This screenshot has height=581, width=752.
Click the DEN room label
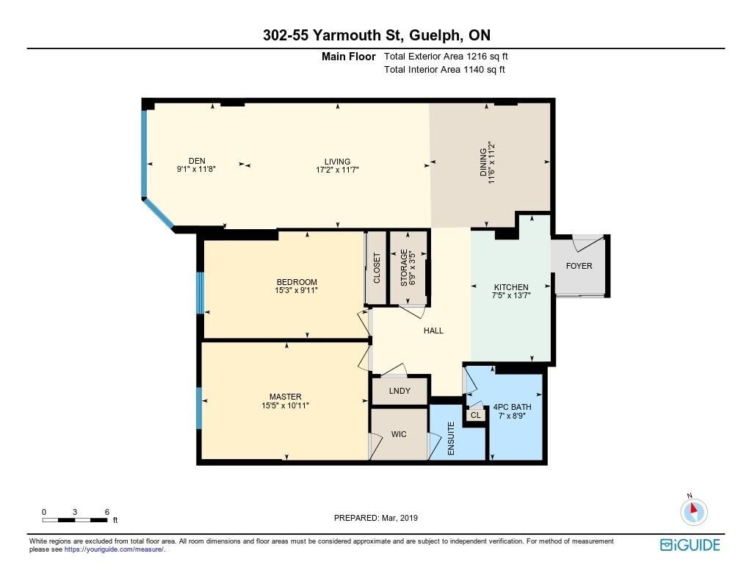click(197, 161)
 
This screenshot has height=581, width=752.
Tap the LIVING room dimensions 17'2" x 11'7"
click(338, 170)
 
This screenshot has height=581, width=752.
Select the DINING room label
click(483, 162)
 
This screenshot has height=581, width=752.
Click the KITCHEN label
click(511, 287)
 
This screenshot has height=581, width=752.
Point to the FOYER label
click(579, 266)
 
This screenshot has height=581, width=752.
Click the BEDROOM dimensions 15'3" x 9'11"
click(297, 290)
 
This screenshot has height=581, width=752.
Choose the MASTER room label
click(286, 397)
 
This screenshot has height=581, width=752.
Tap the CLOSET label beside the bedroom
click(377, 268)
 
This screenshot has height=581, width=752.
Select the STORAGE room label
click(404, 267)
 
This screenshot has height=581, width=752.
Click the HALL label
click(433, 331)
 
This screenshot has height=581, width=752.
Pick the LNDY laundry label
click(399, 391)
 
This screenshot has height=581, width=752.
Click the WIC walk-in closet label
click(399, 434)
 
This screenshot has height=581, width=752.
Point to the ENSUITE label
click(451, 439)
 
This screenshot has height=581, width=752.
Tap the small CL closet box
click(475, 415)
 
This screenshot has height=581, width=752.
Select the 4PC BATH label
click(512, 407)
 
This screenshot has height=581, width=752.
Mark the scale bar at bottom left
click(75, 520)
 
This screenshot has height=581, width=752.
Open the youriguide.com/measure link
click(114, 549)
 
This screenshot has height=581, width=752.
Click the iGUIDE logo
click(690, 545)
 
